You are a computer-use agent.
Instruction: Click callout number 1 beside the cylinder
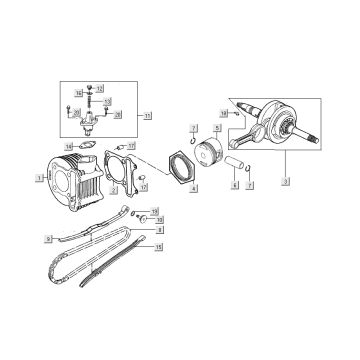37,178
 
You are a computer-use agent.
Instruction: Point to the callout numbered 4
193,187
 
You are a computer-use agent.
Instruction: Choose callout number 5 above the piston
216,129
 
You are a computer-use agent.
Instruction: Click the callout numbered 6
234,185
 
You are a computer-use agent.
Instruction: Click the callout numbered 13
107,102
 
